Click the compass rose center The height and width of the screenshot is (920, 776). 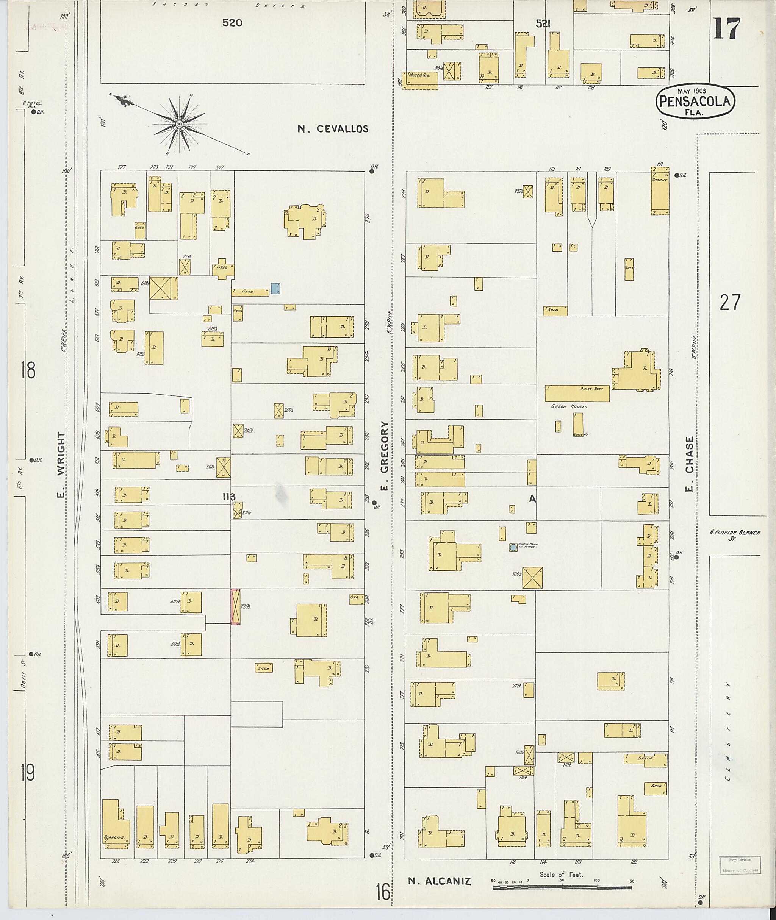pos(179,125)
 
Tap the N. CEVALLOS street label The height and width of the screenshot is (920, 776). pos(333,129)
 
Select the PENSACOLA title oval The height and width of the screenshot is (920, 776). pos(695,102)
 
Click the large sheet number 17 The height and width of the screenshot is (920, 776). pos(727,29)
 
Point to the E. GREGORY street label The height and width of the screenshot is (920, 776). pos(385,456)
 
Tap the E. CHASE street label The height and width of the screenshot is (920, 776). pos(689,464)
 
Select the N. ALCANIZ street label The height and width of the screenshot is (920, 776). pos(439,881)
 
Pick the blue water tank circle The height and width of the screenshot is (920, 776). pos(513,548)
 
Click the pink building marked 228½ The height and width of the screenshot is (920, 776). pos(235,606)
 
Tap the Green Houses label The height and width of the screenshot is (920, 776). pos(569,406)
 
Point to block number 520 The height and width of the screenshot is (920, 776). pos(232,23)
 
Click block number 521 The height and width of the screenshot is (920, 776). pos(543,24)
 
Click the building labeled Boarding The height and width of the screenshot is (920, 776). pos(116,827)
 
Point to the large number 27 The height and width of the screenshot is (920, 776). pos(730,303)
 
